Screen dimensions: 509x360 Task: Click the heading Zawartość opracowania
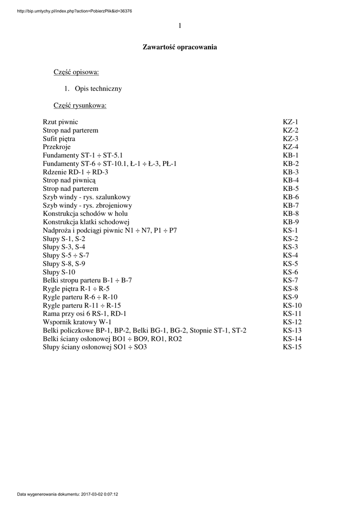[180, 47]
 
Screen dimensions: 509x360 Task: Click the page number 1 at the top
[180, 26]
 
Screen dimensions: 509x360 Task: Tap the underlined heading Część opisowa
[76, 73]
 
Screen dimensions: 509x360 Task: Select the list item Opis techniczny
[98, 89]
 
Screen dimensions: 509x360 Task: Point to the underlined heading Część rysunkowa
[80, 105]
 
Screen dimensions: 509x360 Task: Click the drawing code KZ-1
[290, 122]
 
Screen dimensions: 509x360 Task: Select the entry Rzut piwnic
[60, 122]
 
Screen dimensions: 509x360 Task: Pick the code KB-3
[290, 172]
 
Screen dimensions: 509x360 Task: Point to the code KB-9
[290, 222]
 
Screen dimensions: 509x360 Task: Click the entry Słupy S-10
[59, 272]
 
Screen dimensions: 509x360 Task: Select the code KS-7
[290, 281]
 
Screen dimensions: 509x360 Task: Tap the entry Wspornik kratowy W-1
[77, 323]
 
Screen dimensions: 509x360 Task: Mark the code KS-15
[292, 347]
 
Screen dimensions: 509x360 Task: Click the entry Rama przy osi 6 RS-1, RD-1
[85, 314]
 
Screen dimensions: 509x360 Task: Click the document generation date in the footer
[71, 495]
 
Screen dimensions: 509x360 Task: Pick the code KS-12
[292, 323]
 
